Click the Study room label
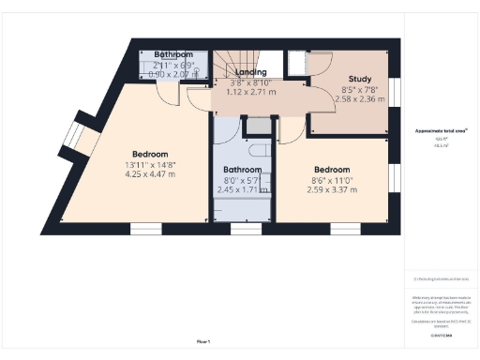pyautogui.click(x=361, y=79)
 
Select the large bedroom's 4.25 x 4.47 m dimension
pyautogui.click(x=150, y=173)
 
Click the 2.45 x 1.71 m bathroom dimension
pyautogui.click(x=243, y=188)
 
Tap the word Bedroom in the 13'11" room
pyautogui.click(x=150, y=154)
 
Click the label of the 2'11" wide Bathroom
pyautogui.click(x=173, y=54)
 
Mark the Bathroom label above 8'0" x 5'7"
pyautogui.click(x=243, y=170)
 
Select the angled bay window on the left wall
pyautogui.click(x=78, y=141)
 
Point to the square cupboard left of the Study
pyautogui.click(x=296, y=63)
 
